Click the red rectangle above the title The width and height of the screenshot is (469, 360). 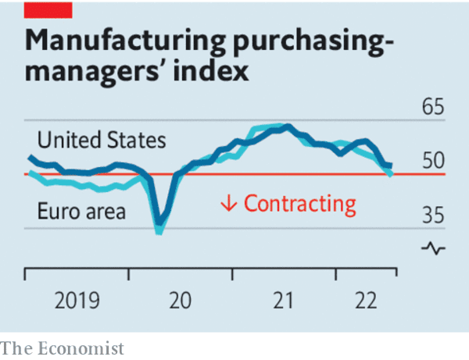click(x=48, y=9)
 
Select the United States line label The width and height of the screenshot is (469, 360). click(x=102, y=141)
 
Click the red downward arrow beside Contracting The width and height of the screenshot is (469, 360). click(x=228, y=204)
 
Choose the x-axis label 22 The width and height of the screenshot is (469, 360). click(x=366, y=301)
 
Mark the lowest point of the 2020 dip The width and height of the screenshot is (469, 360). click(x=159, y=231)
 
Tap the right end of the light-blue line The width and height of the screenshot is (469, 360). click(x=391, y=174)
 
